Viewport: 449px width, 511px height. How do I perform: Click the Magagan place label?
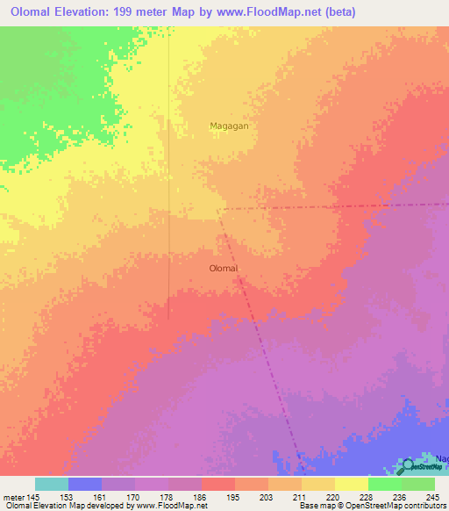click(x=229, y=126)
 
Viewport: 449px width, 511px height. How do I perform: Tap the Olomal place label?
click(x=224, y=269)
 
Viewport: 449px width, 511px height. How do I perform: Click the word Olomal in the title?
click(x=38, y=12)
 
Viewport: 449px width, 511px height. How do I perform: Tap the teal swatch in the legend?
click(x=52, y=484)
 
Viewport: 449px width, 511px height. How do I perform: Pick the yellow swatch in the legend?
click(x=351, y=484)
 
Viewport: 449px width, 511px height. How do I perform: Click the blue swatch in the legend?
click(x=85, y=484)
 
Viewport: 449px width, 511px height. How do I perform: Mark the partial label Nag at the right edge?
click(x=441, y=459)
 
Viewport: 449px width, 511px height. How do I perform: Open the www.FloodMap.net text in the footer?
click(x=169, y=506)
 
